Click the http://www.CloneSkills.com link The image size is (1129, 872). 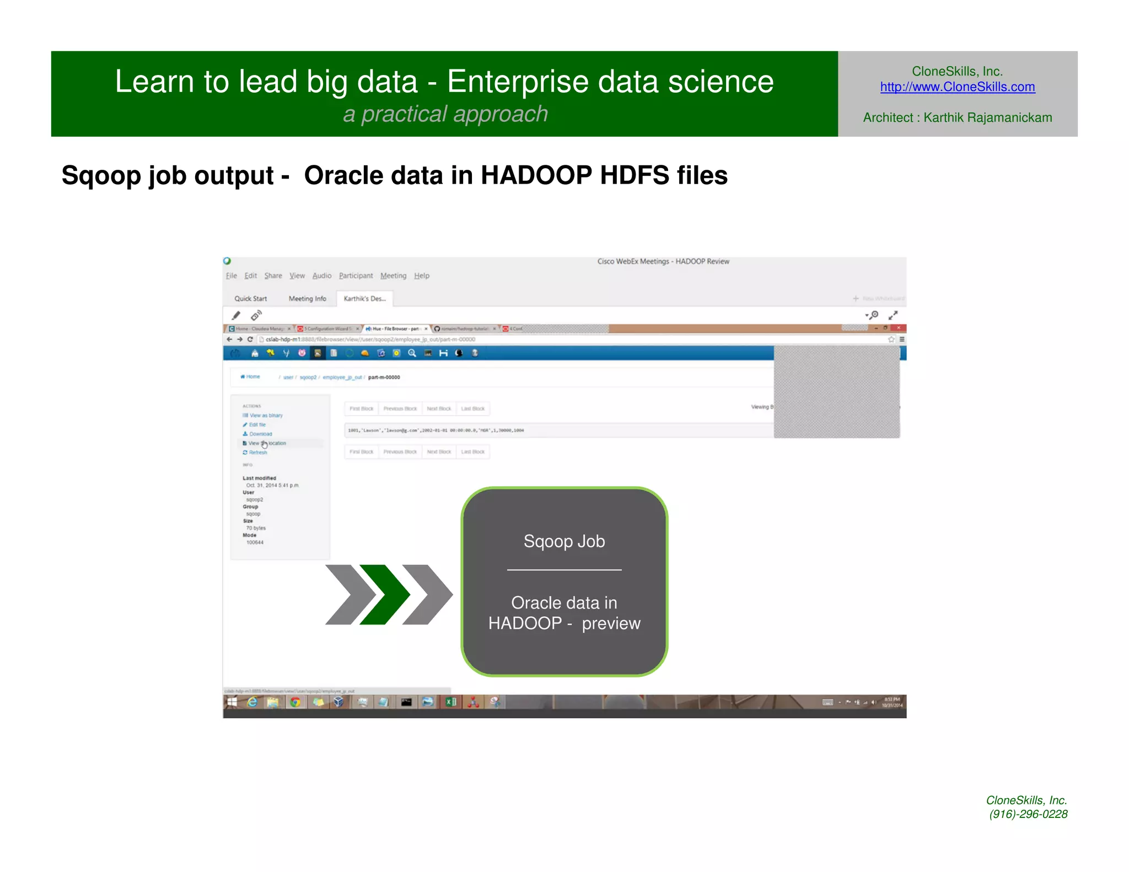[957, 87]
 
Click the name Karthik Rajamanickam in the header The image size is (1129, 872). [987, 117]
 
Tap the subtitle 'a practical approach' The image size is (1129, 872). [445, 114]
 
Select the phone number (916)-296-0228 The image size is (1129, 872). [1028, 814]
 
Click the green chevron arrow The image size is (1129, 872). [385, 594]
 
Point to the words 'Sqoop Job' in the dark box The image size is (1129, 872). [564, 541]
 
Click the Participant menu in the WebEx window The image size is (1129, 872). [356, 276]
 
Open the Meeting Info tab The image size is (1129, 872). [307, 299]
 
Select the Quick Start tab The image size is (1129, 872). [250, 299]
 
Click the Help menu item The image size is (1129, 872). [422, 276]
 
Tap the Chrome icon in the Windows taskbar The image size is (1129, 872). [295, 702]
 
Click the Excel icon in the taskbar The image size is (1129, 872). [451, 702]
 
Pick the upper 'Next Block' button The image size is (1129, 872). [439, 409]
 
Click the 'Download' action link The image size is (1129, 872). [260, 434]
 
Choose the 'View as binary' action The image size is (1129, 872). [266, 416]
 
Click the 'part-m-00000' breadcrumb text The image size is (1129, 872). [384, 378]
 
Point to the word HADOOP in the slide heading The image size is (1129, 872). [536, 175]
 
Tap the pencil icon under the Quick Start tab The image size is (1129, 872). [236, 315]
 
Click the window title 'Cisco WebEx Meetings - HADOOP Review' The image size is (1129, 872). [663, 261]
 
